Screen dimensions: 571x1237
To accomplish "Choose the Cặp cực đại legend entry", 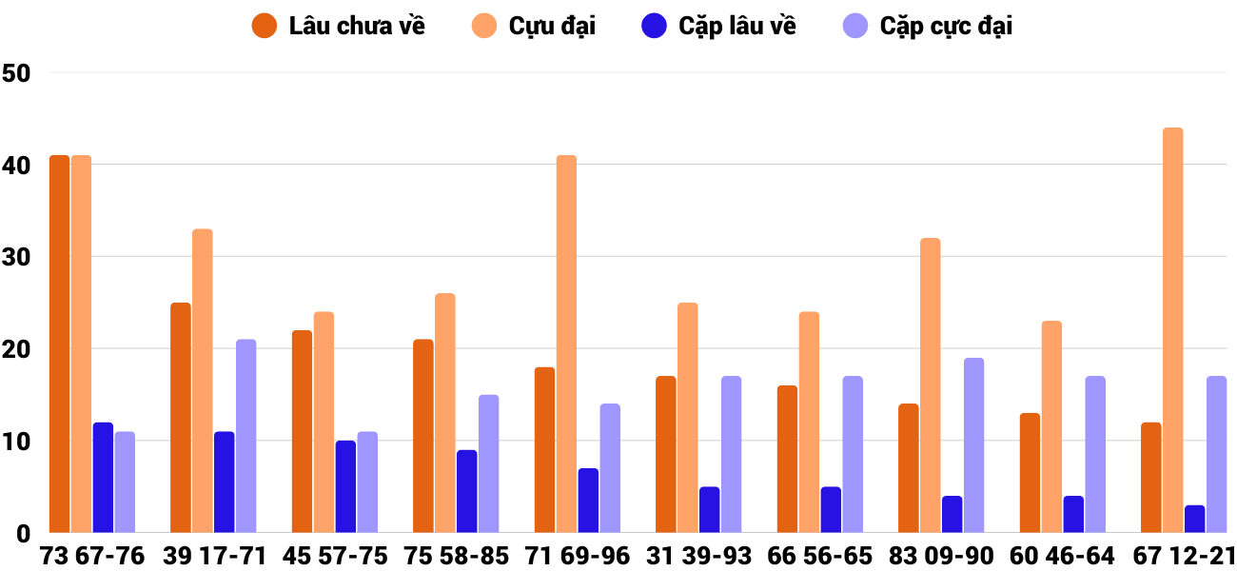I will click(x=927, y=26).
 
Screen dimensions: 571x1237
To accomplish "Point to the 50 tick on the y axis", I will click(x=17, y=73).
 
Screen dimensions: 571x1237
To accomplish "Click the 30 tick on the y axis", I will click(x=17, y=258).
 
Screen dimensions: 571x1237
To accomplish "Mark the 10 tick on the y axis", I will click(x=17, y=443).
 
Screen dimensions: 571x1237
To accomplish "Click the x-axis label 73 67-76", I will click(x=91, y=556).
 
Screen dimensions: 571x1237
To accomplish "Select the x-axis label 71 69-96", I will click(x=577, y=556).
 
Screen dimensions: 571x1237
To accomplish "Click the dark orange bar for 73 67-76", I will click(x=59, y=344).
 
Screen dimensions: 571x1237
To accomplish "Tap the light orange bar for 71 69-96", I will click(x=566, y=344).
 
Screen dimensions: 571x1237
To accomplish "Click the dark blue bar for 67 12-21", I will click(x=1194, y=519).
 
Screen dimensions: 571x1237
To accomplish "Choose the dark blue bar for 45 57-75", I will click(x=345, y=486).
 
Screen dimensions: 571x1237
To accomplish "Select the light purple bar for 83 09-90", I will click(x=973, y=445).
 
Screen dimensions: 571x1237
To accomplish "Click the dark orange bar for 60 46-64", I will click(x=1030, y=473).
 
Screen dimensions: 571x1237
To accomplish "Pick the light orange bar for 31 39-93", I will click(x=687, y=418).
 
